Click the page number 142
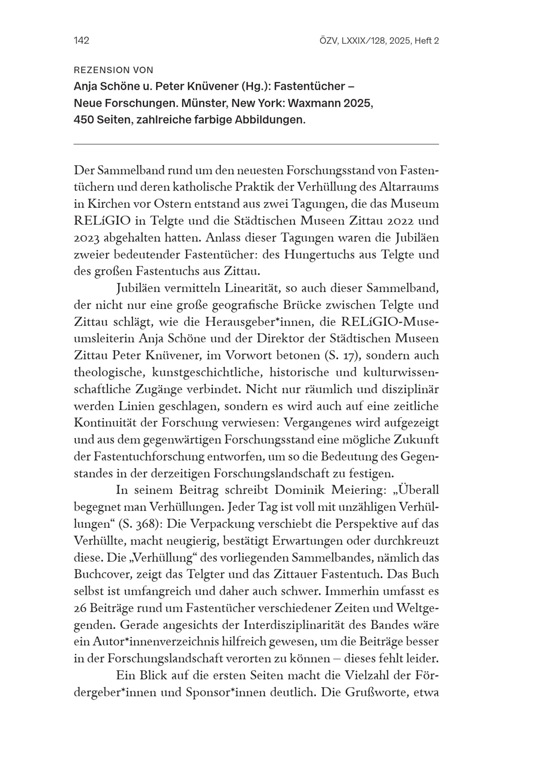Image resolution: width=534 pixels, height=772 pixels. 81,41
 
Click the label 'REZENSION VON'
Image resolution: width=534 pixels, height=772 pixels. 113,70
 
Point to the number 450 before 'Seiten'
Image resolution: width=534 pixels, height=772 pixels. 84,120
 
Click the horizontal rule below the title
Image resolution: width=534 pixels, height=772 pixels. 256,144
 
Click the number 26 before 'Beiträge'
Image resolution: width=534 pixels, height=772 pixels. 80,608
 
